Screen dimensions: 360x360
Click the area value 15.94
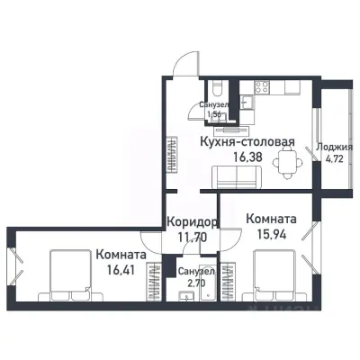tap(267, 234)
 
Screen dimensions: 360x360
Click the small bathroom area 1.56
tap(216, 115)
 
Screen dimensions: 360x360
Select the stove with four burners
tap(263, 88)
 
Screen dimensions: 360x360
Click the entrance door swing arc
tap(182, 64)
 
